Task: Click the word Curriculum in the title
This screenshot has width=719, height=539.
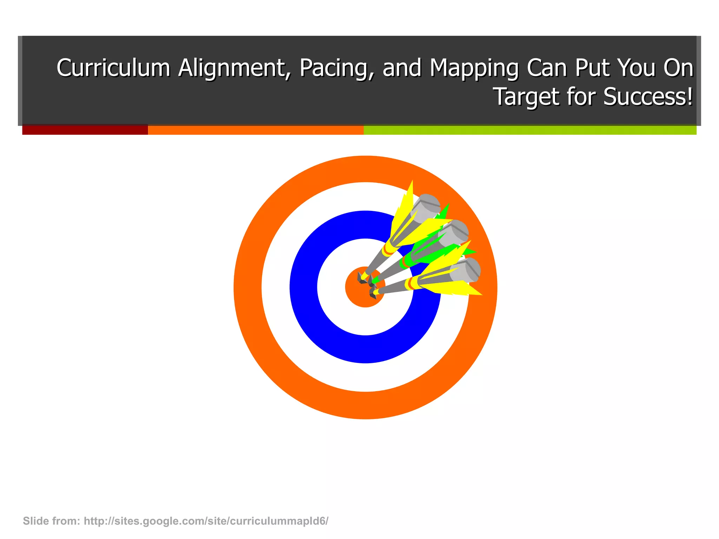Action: pyautogui.click(x=113, y=68)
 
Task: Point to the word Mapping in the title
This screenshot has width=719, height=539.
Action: pyautogui.click(x=474, y=68)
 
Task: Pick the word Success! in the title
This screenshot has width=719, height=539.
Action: pyautogui.click(x=648, y=97)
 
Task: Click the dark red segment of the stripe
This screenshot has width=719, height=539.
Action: pyautogui.click(x=85, y=130)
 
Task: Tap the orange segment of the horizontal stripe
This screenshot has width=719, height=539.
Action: pyautogui.click(x=256, y=130)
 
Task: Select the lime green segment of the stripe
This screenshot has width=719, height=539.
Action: pyautogui.click(x=530, y=130)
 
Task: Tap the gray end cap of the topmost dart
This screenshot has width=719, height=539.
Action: pyautogui.click(x=426, y=203)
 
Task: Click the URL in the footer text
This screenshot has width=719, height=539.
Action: pyautogui.click(x=206, y=521)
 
